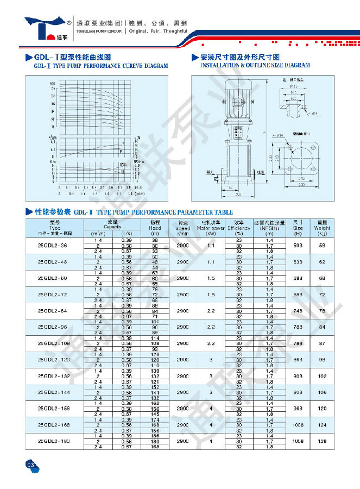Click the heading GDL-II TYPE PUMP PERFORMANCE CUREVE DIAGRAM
pyautogui.click(x=100, y=66)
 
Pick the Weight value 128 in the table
pyautogui.click(x=323, y=441)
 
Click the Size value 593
pyautogui.click(x=298, y=246)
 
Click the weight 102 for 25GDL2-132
pyautogui.click(x=323, y=376)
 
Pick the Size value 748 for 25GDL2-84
pyautogui.click(x=298, y=311)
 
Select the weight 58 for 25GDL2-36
pyautogui.click(x=323, y=246)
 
